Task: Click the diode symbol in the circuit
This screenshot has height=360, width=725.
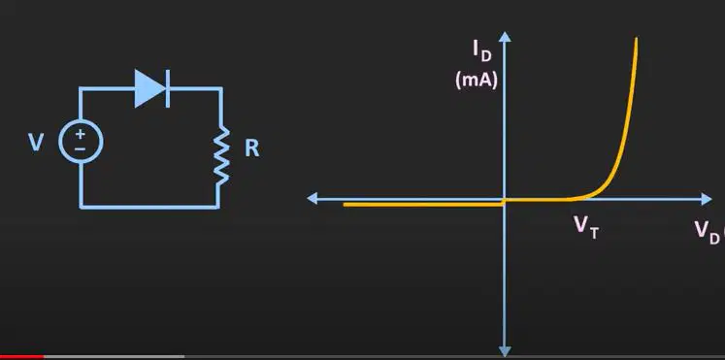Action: pos(152,88)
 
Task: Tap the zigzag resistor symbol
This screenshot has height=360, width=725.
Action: pos(221,155)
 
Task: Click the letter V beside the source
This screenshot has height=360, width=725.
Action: pos(36,143)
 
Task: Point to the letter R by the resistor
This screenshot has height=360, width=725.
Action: pos(252,148)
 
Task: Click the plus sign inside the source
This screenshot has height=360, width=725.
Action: pos(81,134)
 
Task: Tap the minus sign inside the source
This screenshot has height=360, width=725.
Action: pos(81,148)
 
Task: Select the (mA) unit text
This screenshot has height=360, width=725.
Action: pos(477,80)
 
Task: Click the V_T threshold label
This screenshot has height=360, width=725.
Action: pos(586,227)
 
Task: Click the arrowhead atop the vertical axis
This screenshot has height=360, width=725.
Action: pos(505,37)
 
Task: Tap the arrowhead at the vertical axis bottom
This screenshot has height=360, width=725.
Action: pos(505,351)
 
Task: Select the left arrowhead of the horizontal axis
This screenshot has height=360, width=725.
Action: pos(313,199)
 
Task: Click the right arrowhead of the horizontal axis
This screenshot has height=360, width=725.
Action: pos(707,199)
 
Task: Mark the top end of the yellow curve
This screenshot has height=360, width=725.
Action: pos(637,39)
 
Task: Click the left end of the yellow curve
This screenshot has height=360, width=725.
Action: pos(345,205)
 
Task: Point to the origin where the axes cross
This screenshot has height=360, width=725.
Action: pos(505,199)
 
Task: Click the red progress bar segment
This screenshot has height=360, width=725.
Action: pos(22,357)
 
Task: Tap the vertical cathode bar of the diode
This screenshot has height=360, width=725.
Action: pos(167,88)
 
